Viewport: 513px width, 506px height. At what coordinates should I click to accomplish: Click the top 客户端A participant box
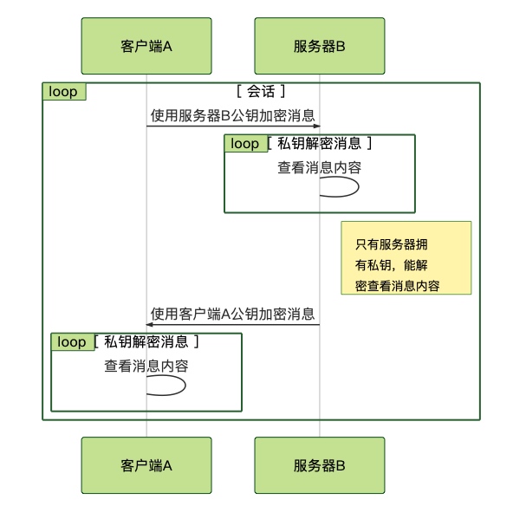146,46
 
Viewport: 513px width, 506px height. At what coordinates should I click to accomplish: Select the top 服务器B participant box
320,46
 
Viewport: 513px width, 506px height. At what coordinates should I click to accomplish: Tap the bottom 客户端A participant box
146,465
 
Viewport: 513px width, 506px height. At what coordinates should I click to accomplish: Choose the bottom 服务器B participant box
320,465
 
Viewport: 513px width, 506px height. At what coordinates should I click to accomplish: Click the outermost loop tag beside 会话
64,92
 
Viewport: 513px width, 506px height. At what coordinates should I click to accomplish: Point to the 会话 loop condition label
261,91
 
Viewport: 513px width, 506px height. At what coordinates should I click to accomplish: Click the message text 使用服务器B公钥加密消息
232,115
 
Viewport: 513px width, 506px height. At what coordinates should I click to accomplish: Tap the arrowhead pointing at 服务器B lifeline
316,126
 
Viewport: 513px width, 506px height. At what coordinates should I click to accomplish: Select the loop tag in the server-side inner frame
246,143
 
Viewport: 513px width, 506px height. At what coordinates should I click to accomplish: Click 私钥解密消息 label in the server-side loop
319,143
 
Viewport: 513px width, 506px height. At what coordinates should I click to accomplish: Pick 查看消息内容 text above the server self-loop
319,167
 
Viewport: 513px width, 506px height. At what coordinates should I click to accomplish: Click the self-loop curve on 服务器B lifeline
359,187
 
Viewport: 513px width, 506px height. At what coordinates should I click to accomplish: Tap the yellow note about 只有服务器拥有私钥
406,257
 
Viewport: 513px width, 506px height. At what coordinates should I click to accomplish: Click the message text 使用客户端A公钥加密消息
232,314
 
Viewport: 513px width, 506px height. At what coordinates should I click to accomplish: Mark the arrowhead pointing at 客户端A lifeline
150,324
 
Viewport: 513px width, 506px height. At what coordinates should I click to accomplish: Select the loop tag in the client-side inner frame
73,341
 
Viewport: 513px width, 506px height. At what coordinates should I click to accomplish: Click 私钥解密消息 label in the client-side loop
146,341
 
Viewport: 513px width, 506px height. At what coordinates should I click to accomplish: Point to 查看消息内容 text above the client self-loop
146,366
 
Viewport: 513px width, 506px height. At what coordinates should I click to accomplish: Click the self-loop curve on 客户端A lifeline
185,386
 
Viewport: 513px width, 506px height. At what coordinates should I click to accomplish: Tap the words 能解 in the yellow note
415,265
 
